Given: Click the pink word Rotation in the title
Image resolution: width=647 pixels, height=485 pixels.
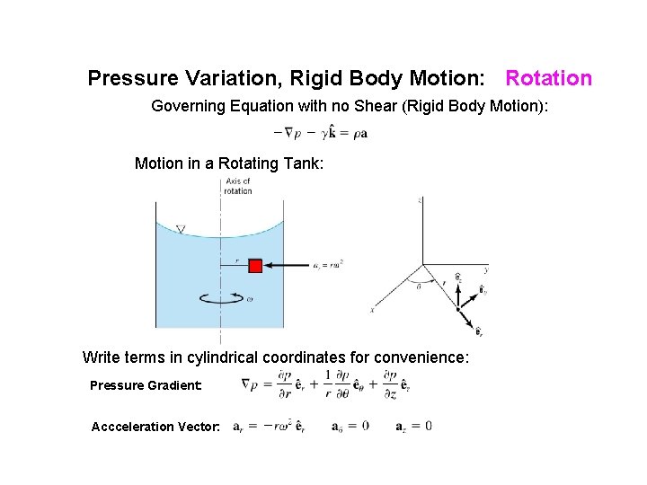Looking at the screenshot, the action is pyautogui.click(x=548, y=78).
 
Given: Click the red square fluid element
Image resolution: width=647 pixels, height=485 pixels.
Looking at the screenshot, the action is pyautogui.click(x=255, y=266).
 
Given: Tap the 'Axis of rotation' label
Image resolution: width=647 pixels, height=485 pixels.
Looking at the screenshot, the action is pyautogui.click(x=238, y=186).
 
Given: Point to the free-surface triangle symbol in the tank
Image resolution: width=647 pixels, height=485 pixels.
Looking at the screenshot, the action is pyautogui.click(x=181, y=230).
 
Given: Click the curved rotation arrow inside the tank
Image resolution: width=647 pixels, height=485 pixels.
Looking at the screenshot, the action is pyautogui.click(x=220, y=299).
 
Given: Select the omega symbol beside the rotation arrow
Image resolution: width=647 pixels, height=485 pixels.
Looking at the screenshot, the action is pyautogui.click(x=249, y=299).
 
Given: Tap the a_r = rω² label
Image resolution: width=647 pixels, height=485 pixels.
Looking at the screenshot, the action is pyautogui.click(x=330, y=264).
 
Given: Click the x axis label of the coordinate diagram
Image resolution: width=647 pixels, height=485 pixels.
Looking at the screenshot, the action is pyautogui.click(x=371, y=310).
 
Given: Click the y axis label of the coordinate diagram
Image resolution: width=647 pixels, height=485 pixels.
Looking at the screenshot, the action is pyautogui.click(x=486, y=268).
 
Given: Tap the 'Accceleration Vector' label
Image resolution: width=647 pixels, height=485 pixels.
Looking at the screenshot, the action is pyautogui.click(x=155, y=427).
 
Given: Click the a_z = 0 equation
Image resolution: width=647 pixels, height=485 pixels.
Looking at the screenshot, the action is pyautogui.click(x=413, y=426).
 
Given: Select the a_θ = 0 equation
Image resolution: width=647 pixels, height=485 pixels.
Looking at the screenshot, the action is pyautogui.click(x=350, y=426).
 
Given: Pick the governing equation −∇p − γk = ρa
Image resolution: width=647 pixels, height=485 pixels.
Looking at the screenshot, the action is pyautogui.click(x=320, y=133).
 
